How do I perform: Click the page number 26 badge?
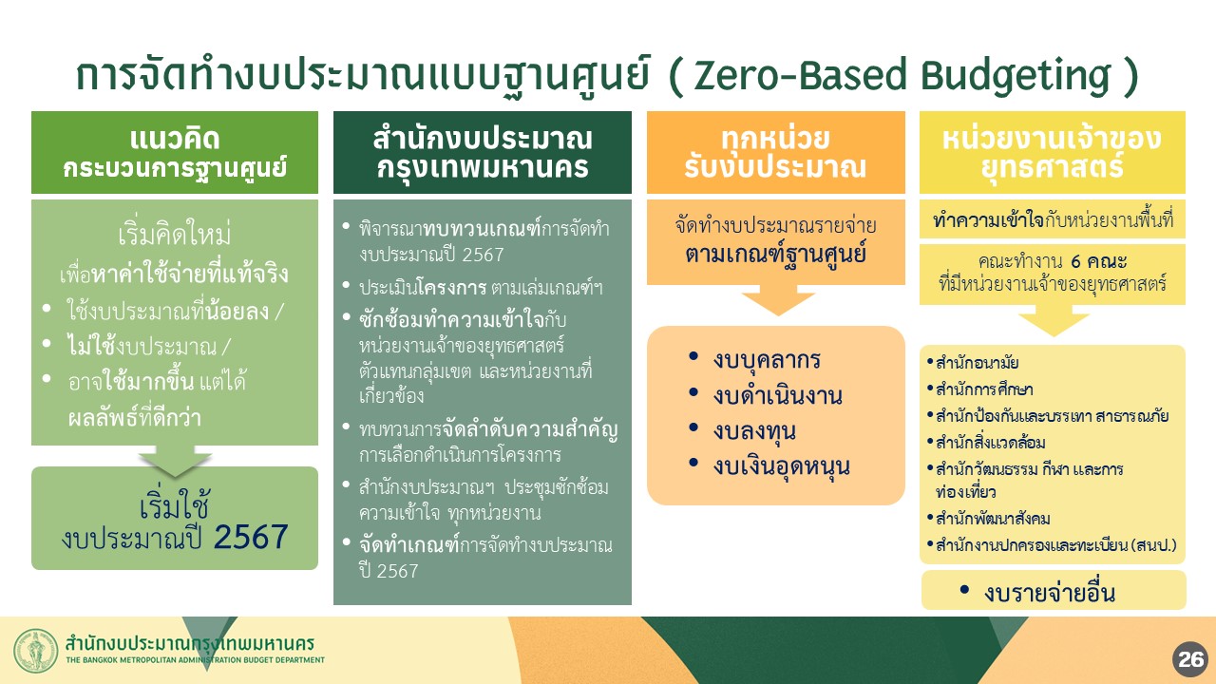pos(1190,659)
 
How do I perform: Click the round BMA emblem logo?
pos(36,651)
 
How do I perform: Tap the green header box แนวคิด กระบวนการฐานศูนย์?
pos(175,153)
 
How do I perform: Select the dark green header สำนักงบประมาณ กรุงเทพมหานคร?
pos(482,153)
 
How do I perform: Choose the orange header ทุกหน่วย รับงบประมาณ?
pos(776,153)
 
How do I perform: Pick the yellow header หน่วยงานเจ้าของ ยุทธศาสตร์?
pos(1052,153)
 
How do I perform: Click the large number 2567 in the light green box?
pos(251,537)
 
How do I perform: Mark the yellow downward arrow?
pos(1054,320)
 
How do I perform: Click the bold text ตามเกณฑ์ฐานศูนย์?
pos(775,255)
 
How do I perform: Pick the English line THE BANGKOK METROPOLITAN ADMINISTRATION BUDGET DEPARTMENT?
pos(196,660)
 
